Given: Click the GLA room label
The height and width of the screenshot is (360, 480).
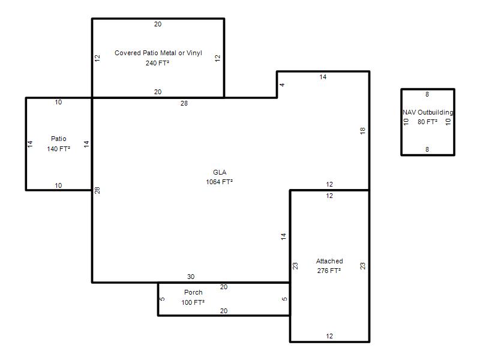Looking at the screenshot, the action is coord(220,172).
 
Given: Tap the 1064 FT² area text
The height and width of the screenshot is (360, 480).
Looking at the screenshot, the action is coord(219,182).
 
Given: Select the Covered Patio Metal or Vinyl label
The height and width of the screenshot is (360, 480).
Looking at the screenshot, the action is coord(158,53).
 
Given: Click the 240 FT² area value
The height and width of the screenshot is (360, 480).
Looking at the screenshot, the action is coord(157,63).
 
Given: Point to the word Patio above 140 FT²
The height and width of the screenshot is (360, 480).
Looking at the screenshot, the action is coord(58,139).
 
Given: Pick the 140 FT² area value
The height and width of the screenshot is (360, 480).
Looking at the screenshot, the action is coord(58,149).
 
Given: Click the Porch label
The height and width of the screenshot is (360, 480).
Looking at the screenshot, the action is coord(193,292).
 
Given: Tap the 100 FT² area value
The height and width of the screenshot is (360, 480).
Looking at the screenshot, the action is coord(193,302).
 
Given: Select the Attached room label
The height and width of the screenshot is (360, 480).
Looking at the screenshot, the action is coord(329,261).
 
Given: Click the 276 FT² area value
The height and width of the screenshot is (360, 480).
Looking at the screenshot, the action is coord(329,271).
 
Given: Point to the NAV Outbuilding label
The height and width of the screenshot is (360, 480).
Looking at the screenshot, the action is coord(428,112).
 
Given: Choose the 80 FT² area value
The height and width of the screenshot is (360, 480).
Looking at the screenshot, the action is coord(427,122).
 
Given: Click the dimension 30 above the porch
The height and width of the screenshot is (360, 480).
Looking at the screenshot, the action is coord(191,277).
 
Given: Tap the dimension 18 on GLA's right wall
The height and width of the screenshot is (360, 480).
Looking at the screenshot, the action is coord(363,131).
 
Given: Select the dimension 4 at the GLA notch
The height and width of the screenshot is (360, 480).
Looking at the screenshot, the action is coord(282,85).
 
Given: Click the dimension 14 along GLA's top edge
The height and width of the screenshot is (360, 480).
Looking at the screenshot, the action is coord(323,77).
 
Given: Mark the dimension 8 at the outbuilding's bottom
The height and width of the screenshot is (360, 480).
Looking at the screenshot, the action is coord(427,149).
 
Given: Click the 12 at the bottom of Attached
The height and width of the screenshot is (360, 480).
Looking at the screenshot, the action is coord(329,336).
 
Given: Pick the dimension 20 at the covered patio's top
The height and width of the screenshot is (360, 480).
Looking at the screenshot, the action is coord(158,24).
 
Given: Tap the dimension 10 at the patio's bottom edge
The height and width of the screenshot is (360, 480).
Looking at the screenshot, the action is coord(58,185).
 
